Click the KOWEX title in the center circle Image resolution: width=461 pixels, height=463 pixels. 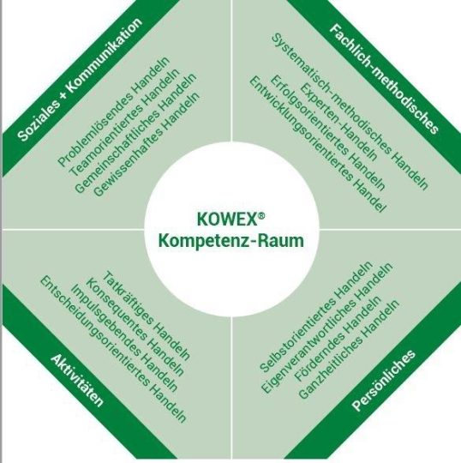pos(227,219)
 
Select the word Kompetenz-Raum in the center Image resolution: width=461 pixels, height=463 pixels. pos(231,241)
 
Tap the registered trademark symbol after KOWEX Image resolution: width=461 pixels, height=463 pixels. pos(261,215)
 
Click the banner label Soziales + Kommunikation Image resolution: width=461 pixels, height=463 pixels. pos(80,80)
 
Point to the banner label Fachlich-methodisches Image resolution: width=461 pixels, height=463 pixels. pos(384,79)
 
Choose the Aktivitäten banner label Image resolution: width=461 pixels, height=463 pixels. pos(77,381)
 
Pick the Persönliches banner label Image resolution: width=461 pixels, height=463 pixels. pos(384,381)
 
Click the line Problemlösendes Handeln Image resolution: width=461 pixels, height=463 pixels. pos(114,111)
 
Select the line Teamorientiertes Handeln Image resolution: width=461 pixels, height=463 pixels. pos(124,123)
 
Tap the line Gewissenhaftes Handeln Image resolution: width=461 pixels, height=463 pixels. pos(147,144)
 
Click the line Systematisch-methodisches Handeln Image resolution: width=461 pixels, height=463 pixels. pos(350,111)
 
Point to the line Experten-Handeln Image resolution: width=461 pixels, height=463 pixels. pos(338,122)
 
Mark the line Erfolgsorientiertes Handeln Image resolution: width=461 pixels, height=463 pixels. pos(327,133)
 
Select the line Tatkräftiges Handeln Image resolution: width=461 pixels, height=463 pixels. pos(147,316)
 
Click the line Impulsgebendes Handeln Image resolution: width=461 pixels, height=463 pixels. pos(124,338)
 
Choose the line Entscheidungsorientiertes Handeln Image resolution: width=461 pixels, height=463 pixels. pos(113,349)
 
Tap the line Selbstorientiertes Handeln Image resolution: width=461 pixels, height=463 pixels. pos(316,316)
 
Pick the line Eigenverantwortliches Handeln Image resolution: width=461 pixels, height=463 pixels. pos(327,328)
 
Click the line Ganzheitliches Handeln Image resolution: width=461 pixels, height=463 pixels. pos(348,349)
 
